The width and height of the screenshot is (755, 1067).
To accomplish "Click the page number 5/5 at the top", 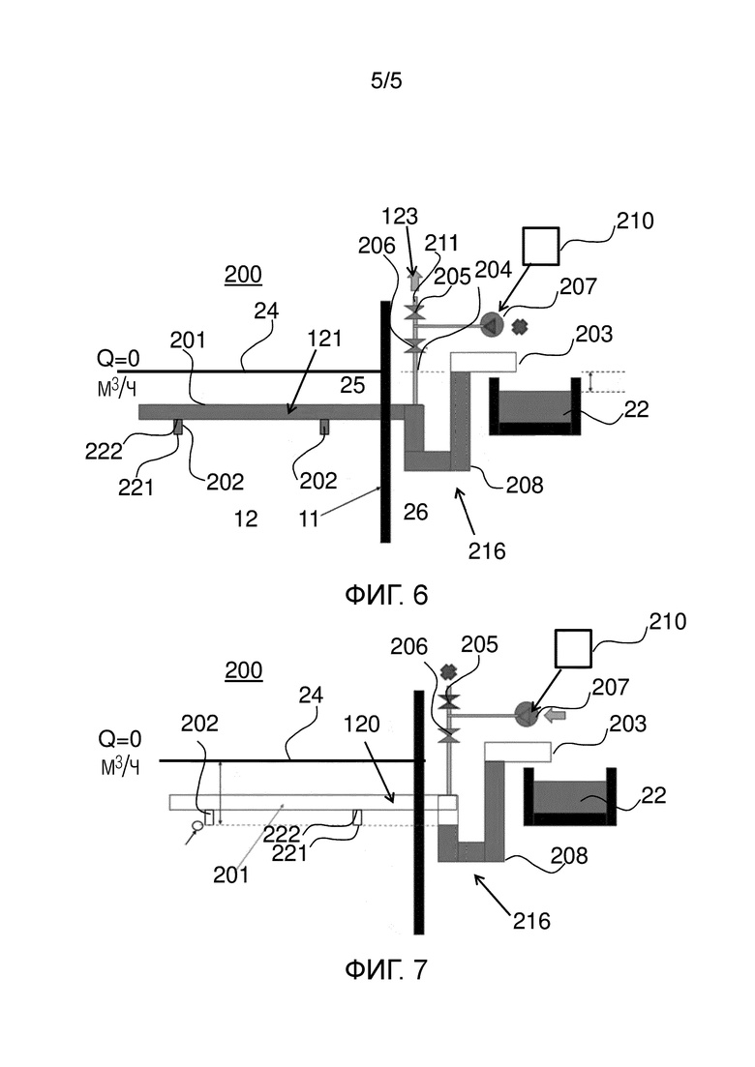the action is coord(386,81).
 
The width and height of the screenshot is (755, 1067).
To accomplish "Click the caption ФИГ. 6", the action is coord(386,595).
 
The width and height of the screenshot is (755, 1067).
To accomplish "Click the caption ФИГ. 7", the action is coord(386,969).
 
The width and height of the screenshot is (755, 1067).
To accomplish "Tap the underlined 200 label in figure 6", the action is coord(243,274).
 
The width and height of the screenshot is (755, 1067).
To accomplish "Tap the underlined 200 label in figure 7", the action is coord(244,670).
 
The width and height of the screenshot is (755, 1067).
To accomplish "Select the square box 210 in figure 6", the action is coord(540,247).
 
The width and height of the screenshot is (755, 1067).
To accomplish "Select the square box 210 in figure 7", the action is coord(574,648).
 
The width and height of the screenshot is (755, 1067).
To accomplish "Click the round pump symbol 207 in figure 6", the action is coord(491,324).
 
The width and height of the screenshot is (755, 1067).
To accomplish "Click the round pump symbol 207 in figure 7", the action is coord(525,715).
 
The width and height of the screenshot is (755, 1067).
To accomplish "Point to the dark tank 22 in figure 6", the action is coord(535,406).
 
